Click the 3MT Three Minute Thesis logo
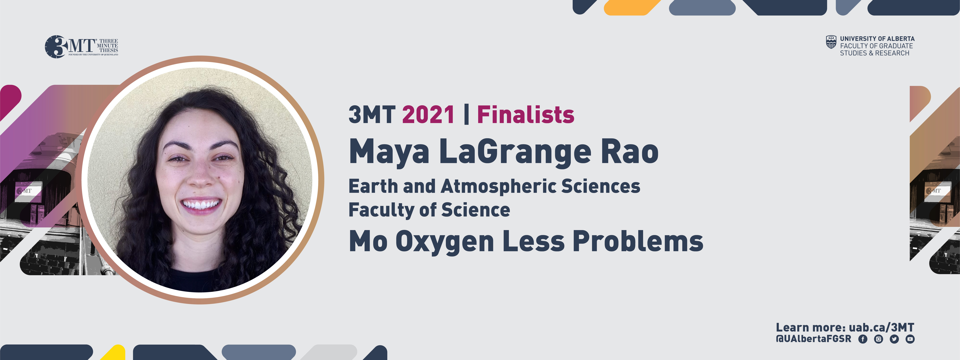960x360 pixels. (81, 47)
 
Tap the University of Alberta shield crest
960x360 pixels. (831, 42)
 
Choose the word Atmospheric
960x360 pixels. (499, 186)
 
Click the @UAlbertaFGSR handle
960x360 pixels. (813, 339)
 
